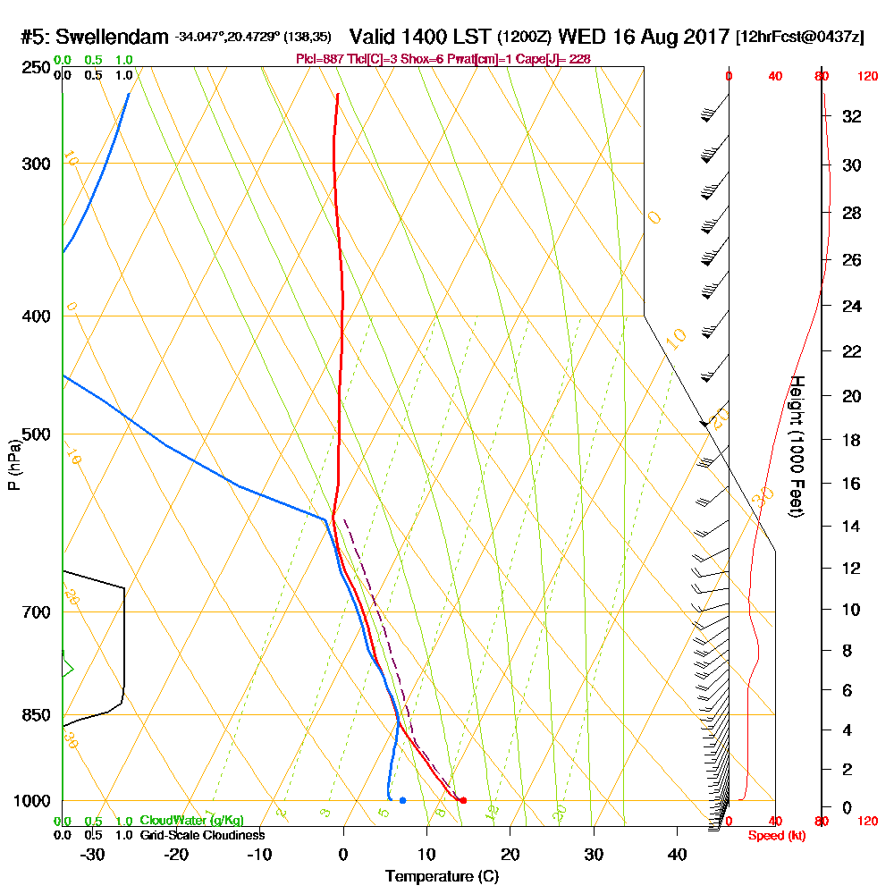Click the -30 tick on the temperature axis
(x=93, y=854)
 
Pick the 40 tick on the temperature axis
(x=677, y=854)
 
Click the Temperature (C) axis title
(x=442, y=877)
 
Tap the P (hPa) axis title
(x=13, y=465)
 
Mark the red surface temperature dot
(x=462, y=800)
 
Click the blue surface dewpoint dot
(x=402, y=800)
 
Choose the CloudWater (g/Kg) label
(x=191, y=821)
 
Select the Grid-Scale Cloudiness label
(x=201, y=835)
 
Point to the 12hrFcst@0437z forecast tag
(x=799, y=38)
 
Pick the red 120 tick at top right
(x=866, y=77)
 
